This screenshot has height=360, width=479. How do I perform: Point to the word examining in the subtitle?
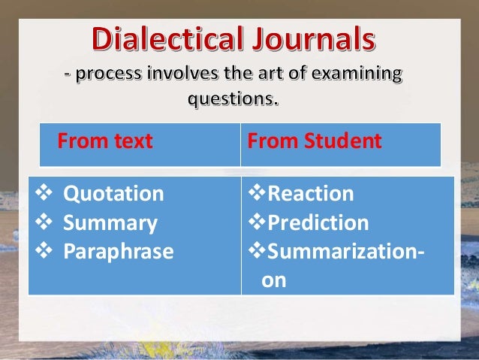[353, 76]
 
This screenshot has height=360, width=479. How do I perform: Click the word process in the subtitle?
[104, 76]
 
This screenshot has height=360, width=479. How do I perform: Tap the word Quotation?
[113, 194]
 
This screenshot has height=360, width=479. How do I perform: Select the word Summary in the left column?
[110, 223]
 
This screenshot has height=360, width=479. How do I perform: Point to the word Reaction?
[311, 194]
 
